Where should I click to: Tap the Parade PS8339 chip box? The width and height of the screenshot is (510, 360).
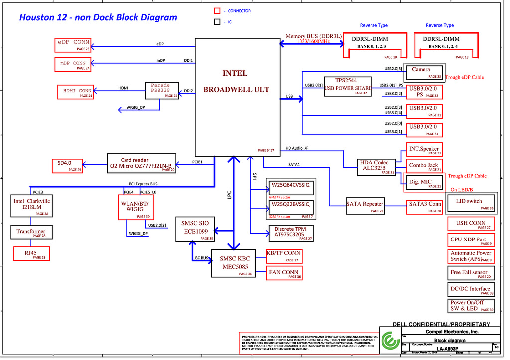(x=162, y=90)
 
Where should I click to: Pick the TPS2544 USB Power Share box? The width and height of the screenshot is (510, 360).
(x=347, y=86)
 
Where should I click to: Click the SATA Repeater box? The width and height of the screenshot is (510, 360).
(x=366, y=206)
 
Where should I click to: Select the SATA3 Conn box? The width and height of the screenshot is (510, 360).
(x=425, y=206)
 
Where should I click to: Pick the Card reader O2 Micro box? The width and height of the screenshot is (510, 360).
(x=142, y=163)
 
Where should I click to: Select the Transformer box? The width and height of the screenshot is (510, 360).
(x=31, y=232)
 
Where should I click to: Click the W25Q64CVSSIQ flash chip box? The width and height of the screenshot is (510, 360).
(x=290, y=186)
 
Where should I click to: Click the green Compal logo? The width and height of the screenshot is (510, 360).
(x=390, y=341)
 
